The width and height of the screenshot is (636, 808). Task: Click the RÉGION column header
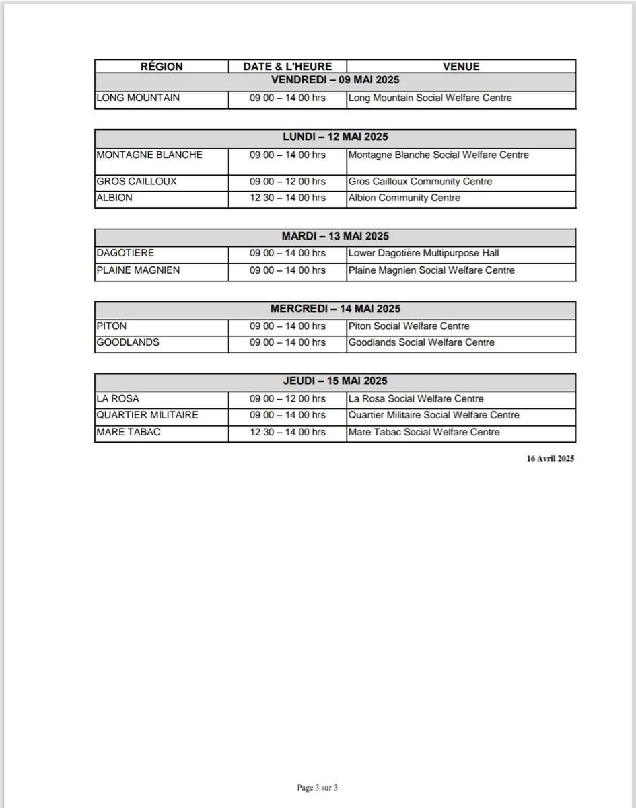[x=162, y=67]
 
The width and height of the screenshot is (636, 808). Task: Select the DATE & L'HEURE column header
[x=287, y=67]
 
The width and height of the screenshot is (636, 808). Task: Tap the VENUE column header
[x=461, y=67]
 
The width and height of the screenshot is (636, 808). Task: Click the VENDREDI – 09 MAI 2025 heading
[x=335, y=80]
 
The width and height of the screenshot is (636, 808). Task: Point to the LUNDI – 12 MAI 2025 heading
[x=335, y=137]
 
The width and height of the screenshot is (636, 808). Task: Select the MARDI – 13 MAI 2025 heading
[x=335, y=236]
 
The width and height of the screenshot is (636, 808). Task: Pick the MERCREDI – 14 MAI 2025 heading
[x=335, y=309]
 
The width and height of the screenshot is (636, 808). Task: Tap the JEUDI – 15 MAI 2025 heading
[x=335, y=381]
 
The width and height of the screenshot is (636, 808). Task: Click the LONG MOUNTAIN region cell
[x=138, y=98]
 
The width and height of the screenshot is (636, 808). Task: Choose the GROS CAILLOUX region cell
[x=137, y=182]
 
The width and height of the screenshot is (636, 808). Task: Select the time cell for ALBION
[x=287, y=198]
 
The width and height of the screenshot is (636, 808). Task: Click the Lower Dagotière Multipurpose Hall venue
[x=423, y=253]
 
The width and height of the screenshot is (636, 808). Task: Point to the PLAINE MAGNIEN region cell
[x=138, y=270]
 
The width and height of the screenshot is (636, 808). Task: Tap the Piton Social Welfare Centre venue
[x=409, y=326]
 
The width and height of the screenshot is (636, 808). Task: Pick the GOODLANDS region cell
[x=128, y=342]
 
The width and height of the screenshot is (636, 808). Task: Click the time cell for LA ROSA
[x=287, y=399]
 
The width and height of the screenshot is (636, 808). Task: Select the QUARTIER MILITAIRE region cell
[x=147, y=415]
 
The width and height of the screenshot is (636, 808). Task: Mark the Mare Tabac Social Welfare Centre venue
[x=424, y=432]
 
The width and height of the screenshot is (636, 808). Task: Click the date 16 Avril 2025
[x=551, y=459]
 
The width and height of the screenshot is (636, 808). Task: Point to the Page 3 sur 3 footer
[x=318, y=788]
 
